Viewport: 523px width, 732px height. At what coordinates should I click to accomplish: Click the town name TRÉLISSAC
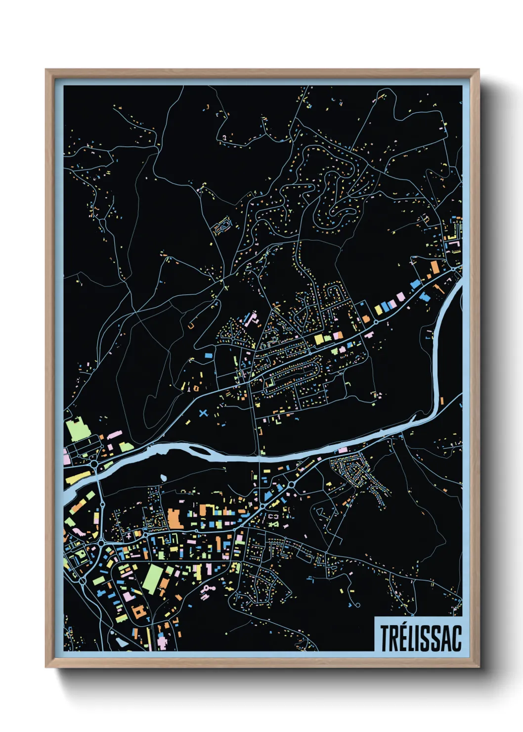coord(420,638)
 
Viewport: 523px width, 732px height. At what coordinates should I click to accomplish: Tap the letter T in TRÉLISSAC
coord(385,638)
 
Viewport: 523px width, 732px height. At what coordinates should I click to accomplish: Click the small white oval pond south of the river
coord(163,477)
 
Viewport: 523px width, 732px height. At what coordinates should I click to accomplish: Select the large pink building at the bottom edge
coord(162,642)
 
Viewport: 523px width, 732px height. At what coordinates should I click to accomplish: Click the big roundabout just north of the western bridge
coord(94,464)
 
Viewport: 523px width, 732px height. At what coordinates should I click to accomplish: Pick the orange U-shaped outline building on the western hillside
coord(190,326)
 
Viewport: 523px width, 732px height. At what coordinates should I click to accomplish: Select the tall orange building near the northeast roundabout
coord(435,268)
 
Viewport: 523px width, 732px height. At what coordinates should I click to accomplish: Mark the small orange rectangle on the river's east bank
coord(441,401)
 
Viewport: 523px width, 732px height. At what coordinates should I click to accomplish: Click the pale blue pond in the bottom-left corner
coord(120,640)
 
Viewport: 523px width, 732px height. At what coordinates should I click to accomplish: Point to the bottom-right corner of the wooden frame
coord(479,667)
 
